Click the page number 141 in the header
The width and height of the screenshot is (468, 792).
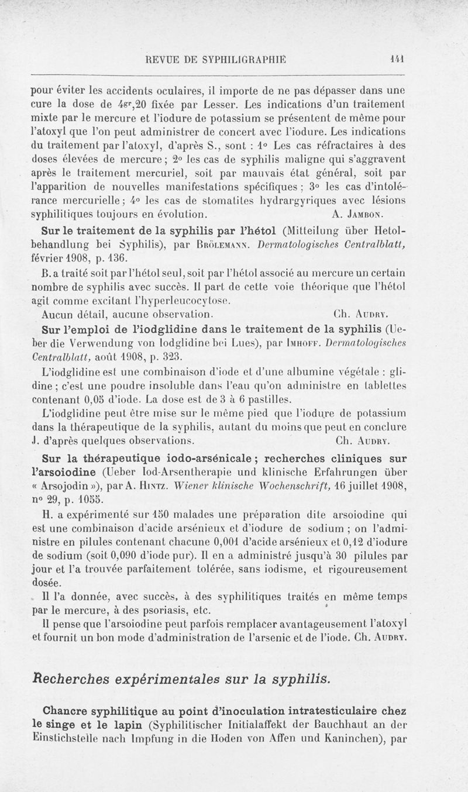pyautogui.click(x=400, y=58)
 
